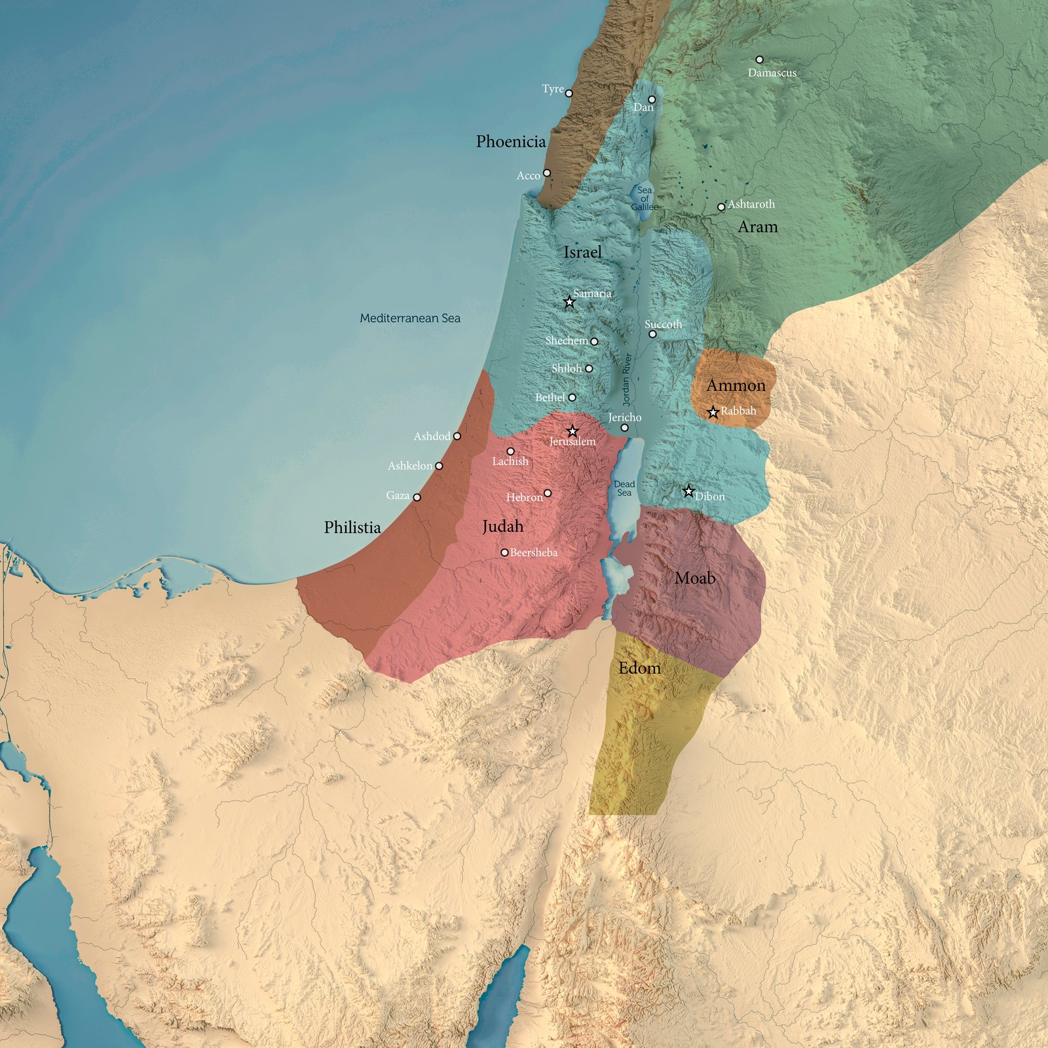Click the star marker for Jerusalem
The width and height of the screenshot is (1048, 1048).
click(572, 431)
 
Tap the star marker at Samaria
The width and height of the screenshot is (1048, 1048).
click(569, 302)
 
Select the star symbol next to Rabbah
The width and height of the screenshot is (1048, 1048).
click(713, 412)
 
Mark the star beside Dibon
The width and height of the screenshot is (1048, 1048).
click(688, 491)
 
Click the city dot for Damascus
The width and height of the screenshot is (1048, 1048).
click(760, 60)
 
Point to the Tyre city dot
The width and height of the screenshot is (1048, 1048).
click(569, 94)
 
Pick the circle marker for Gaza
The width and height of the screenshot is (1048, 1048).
click(417, 497)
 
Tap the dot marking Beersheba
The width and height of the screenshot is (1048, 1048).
click(504, 553)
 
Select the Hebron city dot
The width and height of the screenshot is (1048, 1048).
click(548, 493)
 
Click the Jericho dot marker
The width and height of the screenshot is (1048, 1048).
click(624, 428)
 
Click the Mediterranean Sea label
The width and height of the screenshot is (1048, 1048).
click(410, 318)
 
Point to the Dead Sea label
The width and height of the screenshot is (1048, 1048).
click(624, 488)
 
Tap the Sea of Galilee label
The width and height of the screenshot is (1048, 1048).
click(645, 198)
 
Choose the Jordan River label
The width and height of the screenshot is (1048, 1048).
click(627, 380)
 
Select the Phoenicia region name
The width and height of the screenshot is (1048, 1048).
click(511, 141)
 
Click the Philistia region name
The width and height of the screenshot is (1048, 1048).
click(352, 527)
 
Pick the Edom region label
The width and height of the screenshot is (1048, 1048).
click(639, 668)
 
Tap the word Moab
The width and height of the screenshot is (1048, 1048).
click(695, 578)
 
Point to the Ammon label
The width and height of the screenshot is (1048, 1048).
click(736, 385)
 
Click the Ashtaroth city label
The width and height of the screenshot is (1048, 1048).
click(751, 204)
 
